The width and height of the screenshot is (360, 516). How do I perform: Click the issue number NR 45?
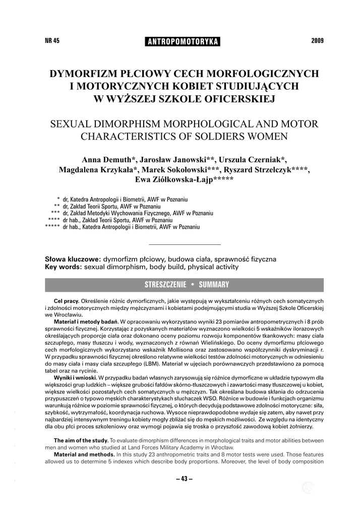pyautogui.click(x=52, y=41)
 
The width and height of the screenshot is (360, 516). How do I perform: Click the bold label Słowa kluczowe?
pyautogui.click(x=73, y=259)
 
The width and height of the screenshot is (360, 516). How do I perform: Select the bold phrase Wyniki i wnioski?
pyautogui.click(x=76, y=377)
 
